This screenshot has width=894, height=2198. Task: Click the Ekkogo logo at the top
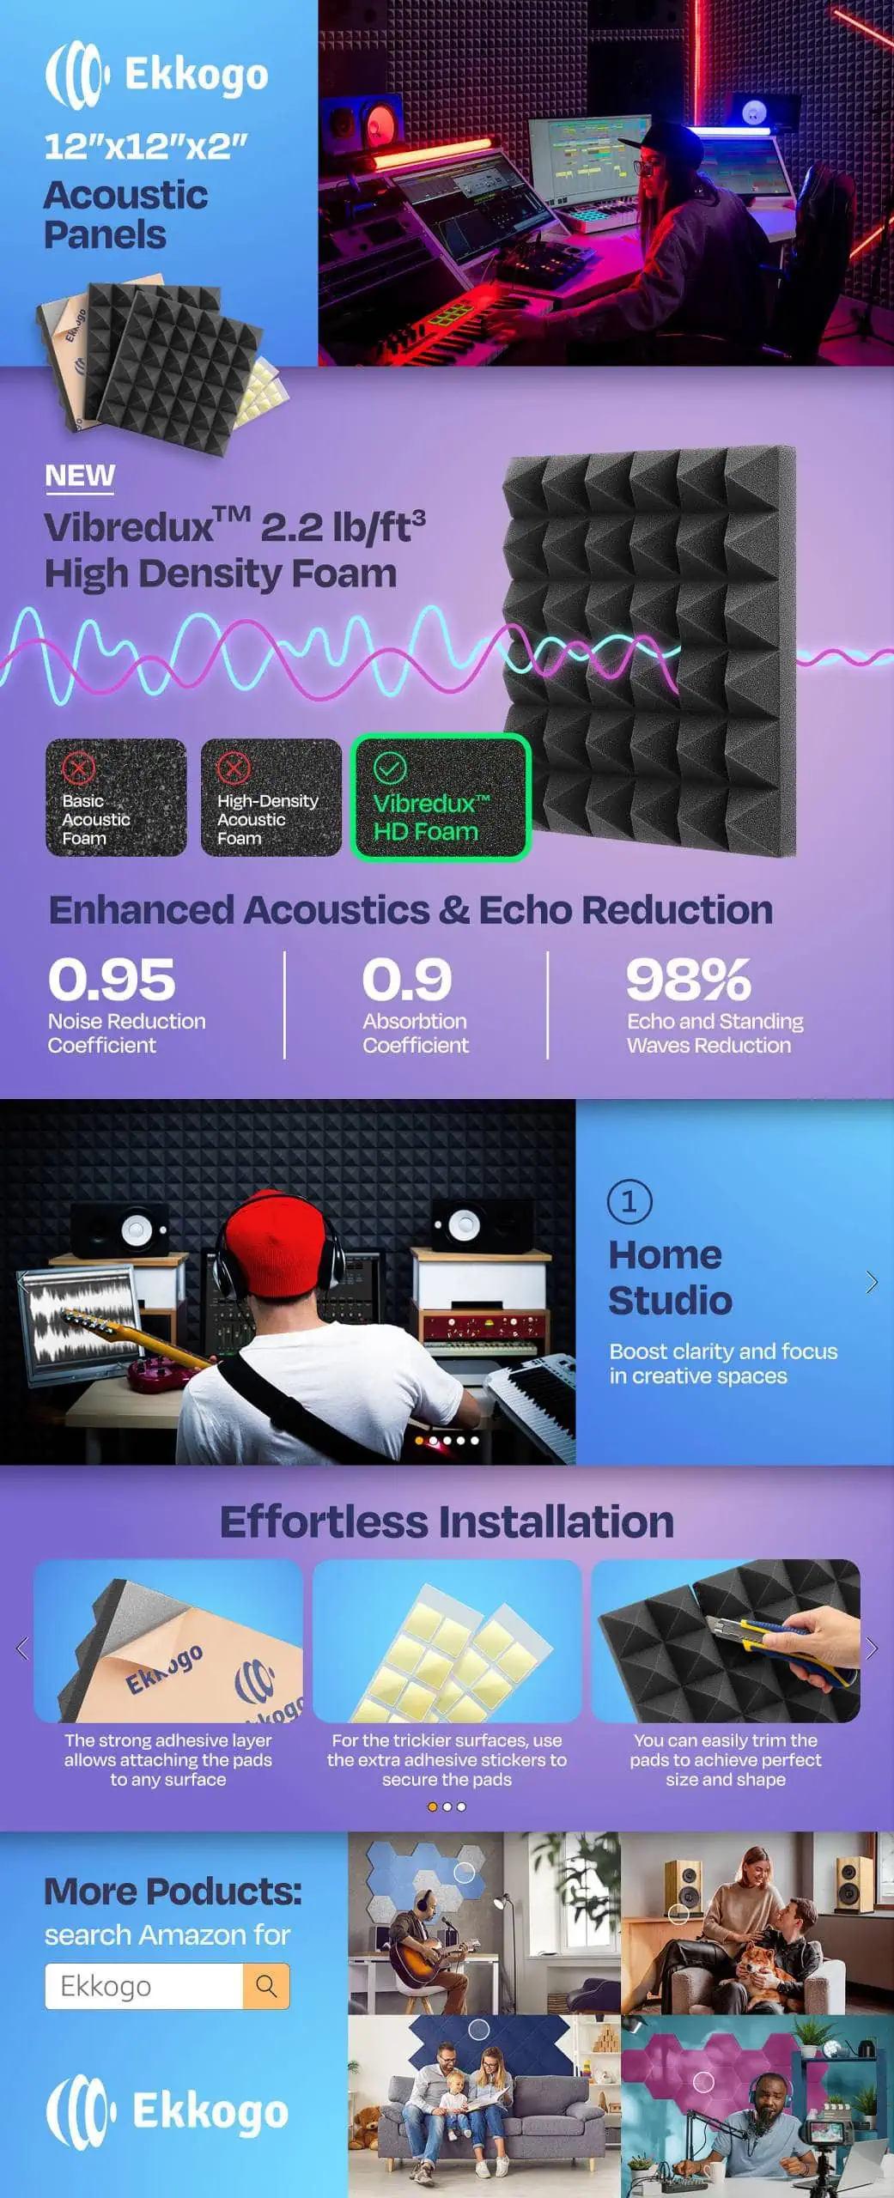156,75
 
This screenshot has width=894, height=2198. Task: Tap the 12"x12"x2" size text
146,147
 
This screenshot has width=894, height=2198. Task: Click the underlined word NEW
80,476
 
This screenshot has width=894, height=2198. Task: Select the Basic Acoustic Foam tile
116,798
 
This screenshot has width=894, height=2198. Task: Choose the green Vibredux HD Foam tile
441,798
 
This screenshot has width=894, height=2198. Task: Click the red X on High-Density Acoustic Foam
233,768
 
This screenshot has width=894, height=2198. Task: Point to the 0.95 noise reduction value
112,980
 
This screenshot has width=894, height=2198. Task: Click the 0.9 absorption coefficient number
407,980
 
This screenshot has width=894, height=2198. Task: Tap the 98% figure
689,980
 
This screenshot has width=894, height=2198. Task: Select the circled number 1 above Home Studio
629,1201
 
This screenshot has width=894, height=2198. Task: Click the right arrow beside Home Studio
872,1282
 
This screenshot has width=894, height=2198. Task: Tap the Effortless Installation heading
447,1521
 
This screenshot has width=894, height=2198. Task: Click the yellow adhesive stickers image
447,1642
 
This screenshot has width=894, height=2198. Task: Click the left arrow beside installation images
22,1648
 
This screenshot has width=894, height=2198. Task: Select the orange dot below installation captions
433,1806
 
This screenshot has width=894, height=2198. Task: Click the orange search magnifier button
266,1986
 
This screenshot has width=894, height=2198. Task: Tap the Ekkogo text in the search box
106,1987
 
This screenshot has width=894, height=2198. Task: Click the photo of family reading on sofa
484,2106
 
